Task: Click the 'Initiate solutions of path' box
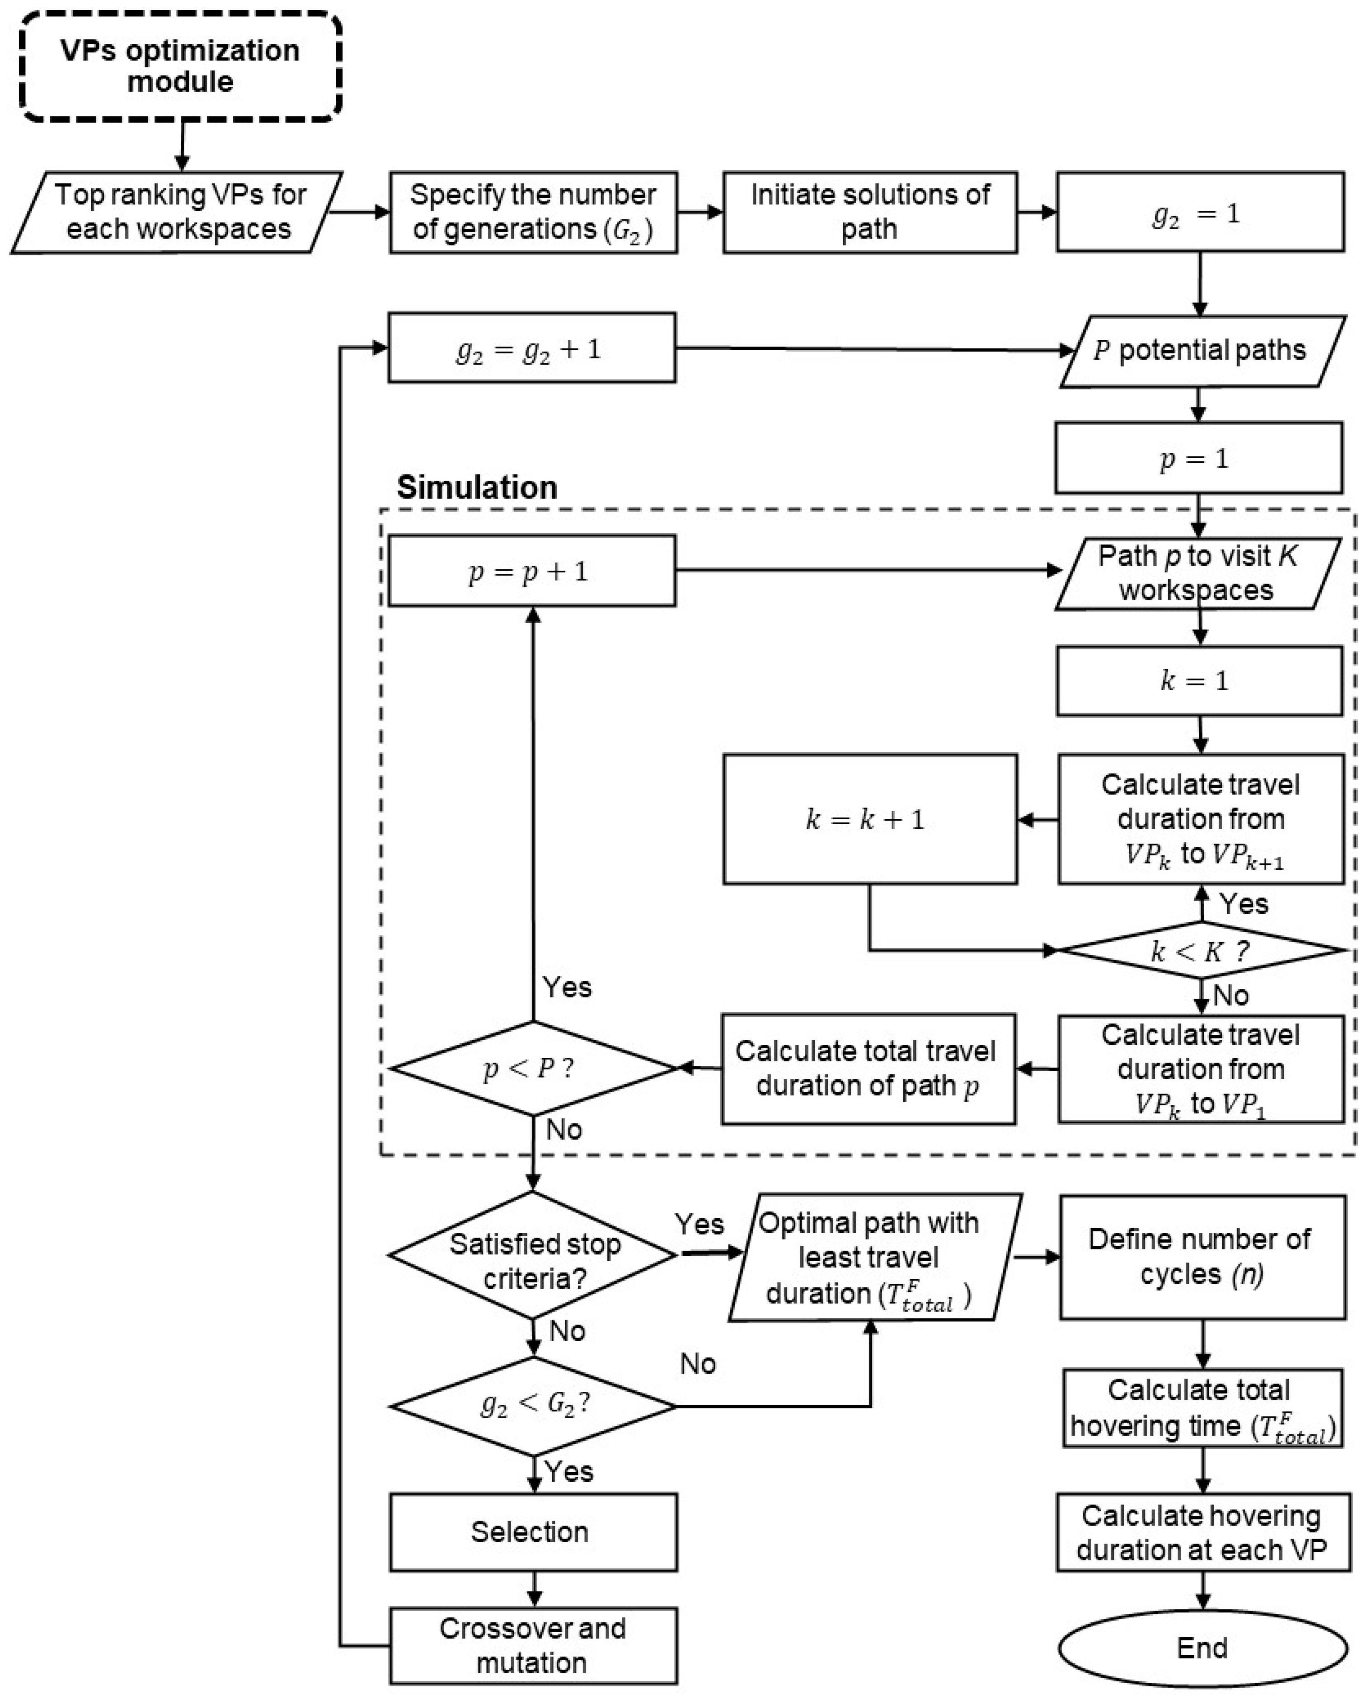pyautogui.click(x=869, y=211)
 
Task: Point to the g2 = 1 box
pyautogui.click(x=1199, y=211)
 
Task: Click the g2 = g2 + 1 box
pyautogui.click(x=531, y=348)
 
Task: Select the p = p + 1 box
pyautogui.click(x=531, y=571)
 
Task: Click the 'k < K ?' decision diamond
pyautogui.click(x=1201, y=951)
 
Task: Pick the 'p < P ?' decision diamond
pyautogui.click(x=533, y=1068)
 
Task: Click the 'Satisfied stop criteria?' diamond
pyautogui.click(x=533, y=1255)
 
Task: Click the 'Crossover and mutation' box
pyautogui.click(x=533, y=1645)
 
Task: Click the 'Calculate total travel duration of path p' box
pyautogui.click(x=868, y=1068)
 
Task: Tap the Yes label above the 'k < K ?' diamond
pyautogui.click(x=1243, y=903)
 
